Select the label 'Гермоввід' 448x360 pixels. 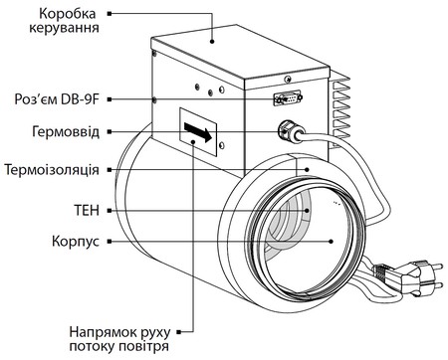pos(64,132)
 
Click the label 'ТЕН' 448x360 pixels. pos(84,211)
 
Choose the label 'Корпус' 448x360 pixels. pos(73,241)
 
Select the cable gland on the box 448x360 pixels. pos(290,132)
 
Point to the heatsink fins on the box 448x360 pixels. pos(341,109)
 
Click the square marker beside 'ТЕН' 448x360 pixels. pos(109,211)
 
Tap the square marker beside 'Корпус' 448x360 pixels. pos(109,241)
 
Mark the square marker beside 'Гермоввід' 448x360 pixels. pos(109,132)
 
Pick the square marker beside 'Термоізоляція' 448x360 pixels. pos(109,169)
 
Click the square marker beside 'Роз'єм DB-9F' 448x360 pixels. pos(109,98)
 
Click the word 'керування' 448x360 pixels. pos(66,31)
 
